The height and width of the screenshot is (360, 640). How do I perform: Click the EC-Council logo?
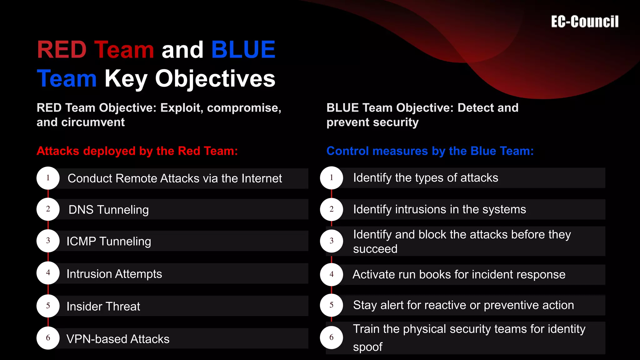click(x=584, y=22)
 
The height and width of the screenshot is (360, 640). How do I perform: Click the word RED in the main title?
click(x=62, y=50)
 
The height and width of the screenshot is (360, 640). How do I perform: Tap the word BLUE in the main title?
click(x=243, y=50)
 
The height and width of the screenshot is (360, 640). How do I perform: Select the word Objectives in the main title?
click(x=215, y=78)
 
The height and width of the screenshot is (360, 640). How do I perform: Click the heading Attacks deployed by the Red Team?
click(x=137, y=151)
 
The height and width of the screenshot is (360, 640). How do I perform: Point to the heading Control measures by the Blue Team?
click(x=430, y=151)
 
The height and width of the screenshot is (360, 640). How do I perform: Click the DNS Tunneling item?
click(x=108, y=210)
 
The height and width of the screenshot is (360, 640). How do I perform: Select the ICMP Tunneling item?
click(x=108, y=241)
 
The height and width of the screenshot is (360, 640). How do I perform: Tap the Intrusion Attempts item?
click(x=114, y=274)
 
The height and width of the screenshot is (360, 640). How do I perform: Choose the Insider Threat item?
click(x=103, y=307)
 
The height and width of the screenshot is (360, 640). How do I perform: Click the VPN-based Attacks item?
click(x=118, y=339)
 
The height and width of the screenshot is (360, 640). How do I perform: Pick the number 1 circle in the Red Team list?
click(x=48, y=178)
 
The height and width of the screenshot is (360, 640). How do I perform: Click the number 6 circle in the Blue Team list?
click(x=331, y=337)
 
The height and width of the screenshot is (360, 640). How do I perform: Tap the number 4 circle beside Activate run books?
click(x=331, y=274)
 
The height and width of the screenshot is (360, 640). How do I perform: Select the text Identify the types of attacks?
click(x=425, y=178)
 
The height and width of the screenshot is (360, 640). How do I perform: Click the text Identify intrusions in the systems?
click(x=439, y=209)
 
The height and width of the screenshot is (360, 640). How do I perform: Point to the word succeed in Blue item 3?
click(x=375, y=249)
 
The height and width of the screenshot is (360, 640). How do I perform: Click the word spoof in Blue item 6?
click(x=367, y=347)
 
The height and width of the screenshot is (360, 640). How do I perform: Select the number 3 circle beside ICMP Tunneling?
click(x=48, y=241)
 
